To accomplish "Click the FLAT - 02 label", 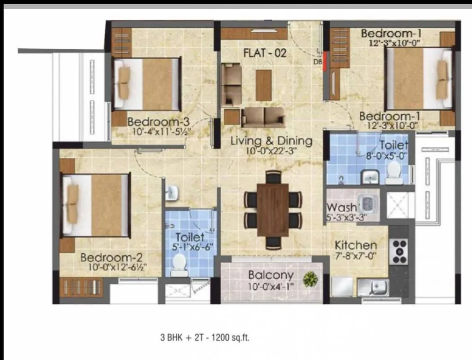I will [x=265, y=53].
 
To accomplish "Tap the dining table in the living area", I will [x=272, y=209].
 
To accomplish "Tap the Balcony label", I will [x=271, y=275].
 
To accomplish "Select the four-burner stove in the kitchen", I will [x=400, y=251].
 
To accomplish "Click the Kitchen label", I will [x=356, y=245].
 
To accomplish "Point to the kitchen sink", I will [x=373, y=286].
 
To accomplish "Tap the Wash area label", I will [x=341, y=207].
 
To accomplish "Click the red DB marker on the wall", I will [x=325, y=61].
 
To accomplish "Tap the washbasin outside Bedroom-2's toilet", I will [x=171, y=191].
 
